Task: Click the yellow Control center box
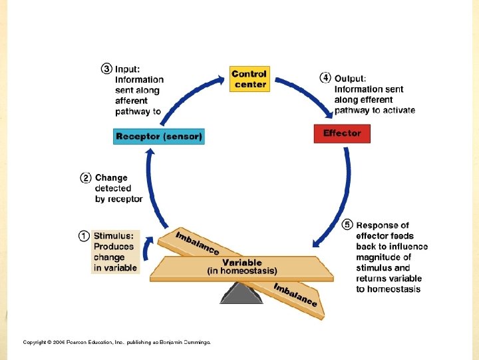[249, 79]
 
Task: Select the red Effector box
[341, 133]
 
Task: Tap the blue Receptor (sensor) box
[159, 137]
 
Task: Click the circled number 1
[84, 235]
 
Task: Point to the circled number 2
[86, 178]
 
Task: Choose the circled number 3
[106, 68]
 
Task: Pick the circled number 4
[325, 77]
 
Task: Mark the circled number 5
[347, 225]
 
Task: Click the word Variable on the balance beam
[241, 263]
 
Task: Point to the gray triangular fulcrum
[241, 293]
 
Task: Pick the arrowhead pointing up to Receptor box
[150, 152]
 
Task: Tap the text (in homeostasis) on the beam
[241, 271]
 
